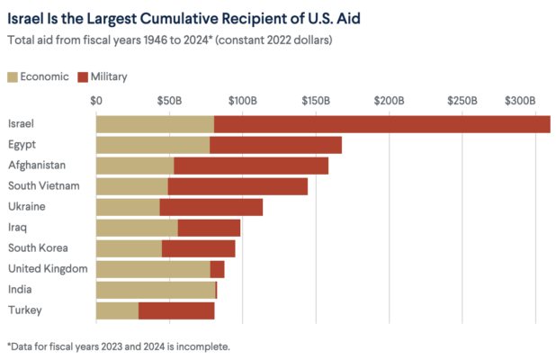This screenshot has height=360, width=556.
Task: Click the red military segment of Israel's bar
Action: click(x=381, y=124)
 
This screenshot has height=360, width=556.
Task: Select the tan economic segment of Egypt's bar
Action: click(x=152, y=145)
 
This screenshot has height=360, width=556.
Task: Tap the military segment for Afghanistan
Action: click(x=251, y=166)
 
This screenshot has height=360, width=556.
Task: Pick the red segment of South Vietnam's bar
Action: click(x=238, y=186)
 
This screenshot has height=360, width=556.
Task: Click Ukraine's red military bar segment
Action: click(x=211, y=207)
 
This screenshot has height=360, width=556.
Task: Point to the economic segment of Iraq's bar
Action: click(x=137, y=228)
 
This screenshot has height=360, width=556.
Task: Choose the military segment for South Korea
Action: click(x=198, y=248)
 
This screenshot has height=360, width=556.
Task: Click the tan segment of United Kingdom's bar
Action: click(x=153, y=269)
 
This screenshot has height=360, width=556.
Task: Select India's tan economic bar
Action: click(x=156, y=290)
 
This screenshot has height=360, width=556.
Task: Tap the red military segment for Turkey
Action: click(x=176, y=310)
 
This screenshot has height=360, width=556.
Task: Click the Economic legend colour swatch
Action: click(x=14, y=76)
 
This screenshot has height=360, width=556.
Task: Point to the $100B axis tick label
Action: click(x=243, y=99)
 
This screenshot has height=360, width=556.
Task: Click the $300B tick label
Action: click(x=519, y=99)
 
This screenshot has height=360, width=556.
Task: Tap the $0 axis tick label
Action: click(x=97, y=99)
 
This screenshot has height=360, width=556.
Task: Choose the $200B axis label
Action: click(x=390, y=99)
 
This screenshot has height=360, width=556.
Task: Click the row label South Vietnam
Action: click(x=43, y=186)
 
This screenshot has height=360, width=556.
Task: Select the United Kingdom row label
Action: click(x=47, y=269)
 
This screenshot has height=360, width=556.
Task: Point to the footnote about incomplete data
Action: click(x=118, y=346)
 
